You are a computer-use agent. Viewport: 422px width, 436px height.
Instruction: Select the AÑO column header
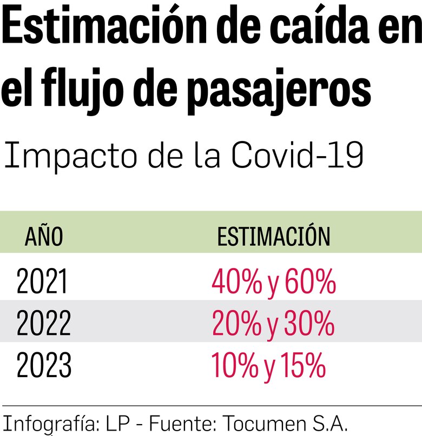[x=44, y=237]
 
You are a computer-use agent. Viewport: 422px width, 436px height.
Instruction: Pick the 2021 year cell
[x=42, y=282]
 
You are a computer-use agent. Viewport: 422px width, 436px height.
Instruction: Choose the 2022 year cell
[x=43, y=324]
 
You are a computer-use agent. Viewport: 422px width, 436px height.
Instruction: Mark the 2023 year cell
[x=44, y=366]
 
